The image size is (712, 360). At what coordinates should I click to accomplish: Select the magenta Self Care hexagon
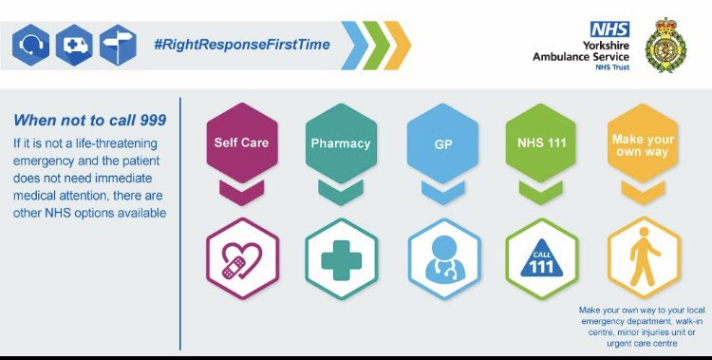[241, 143]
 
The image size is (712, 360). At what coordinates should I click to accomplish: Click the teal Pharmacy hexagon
[340, 143]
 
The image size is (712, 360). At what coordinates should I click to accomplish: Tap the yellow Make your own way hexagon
[644, 143]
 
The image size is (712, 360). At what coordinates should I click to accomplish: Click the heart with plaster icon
[241, 258]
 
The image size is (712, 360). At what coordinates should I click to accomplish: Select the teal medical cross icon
[340, 258]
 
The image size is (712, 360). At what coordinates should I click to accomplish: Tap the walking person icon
[644, 258]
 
